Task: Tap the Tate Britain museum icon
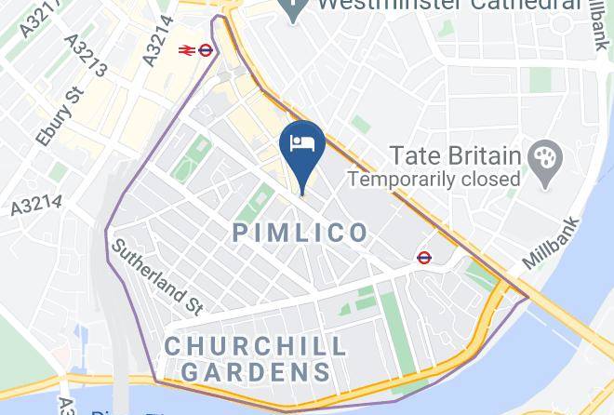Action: coord(541,155)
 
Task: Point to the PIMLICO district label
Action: coord(300,233)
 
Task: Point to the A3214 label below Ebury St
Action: coord(36,206)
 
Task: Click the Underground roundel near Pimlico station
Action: coord(424,257)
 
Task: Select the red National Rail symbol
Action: coord(184,50)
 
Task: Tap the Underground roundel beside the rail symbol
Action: coord(207,50)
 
